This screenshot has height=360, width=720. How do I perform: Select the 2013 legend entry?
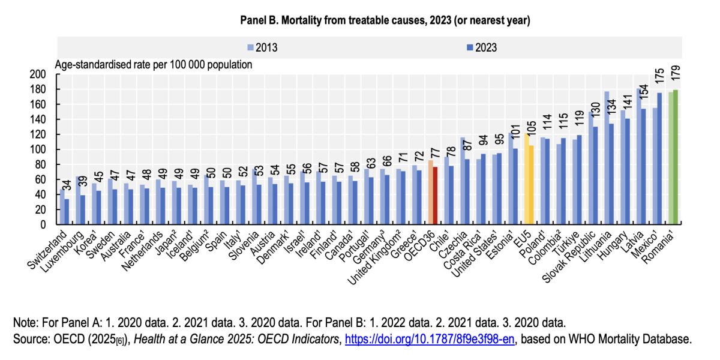point(262,47)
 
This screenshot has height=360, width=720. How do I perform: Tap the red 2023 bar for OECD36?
point(434,196)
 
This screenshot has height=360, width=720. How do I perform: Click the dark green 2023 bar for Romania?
point(676,157)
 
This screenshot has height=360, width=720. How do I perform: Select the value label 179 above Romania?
point(676,76)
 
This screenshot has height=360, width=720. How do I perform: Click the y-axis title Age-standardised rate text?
point(154,64)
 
